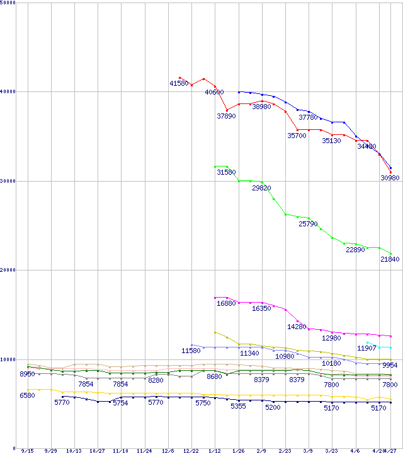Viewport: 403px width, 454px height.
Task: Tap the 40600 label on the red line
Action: tap(214, 92)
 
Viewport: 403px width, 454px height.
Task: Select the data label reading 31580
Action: tap(226, 172)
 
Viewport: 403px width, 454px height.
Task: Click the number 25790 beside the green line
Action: tap(308, 224)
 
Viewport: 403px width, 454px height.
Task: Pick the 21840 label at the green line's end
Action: tap(390, 260)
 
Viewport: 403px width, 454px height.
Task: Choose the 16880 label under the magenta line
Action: tap(226, 303)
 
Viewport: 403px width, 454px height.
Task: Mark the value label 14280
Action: tap(297, 327)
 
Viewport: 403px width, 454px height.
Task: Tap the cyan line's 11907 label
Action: tap(366, 348)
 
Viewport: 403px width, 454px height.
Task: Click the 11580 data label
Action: tap(191, 351)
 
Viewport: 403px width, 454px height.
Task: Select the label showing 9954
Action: tap(390, 365)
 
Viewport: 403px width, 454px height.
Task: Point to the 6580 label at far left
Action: tap(27, 395)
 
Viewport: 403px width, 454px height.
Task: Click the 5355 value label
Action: tap(238, 407)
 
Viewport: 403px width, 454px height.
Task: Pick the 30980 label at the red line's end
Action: tap(390, 178)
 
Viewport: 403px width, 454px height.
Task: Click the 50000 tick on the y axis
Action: tap(9, 3)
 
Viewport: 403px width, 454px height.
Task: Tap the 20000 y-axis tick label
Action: tap(9, 271)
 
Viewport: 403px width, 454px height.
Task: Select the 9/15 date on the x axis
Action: tap(27, 451)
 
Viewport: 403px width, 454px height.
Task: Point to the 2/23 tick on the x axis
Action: tap(285, 451)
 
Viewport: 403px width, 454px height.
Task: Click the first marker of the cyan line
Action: tap(367, 342)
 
